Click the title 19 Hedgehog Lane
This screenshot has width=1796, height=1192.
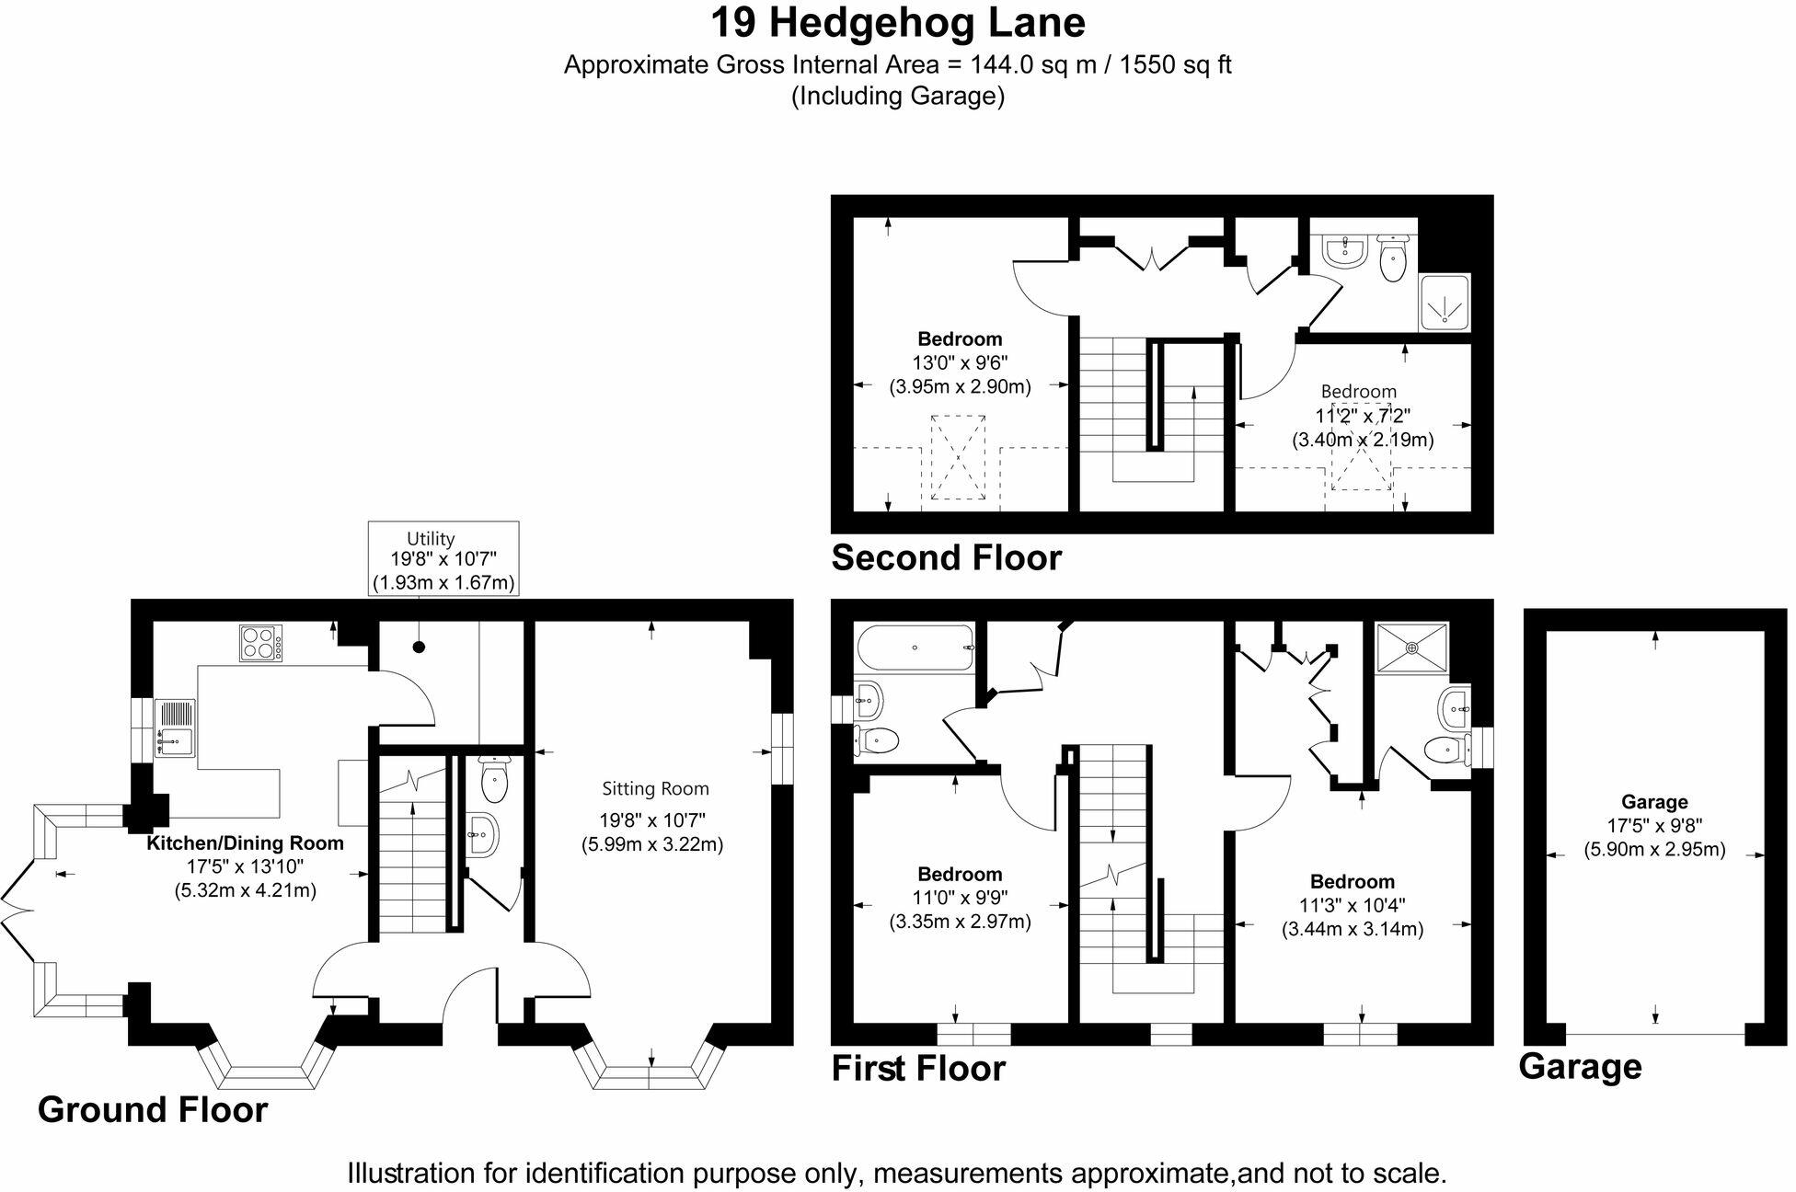click(x=897, y=23)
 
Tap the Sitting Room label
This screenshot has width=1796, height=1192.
click(x=655, y=788)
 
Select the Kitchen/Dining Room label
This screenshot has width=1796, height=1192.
click(x=245, y=842)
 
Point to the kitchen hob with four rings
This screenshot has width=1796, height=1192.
click(x=261, y=642)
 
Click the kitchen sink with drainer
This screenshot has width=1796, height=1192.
click(x=175, y=728)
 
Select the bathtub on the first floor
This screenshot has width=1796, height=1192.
click(x=914, y=648)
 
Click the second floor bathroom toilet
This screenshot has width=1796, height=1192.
click(x=1393, y=258)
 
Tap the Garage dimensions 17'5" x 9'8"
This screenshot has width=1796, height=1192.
click(x=1654, y=826)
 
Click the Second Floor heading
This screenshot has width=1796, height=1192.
click(x=946, y=557)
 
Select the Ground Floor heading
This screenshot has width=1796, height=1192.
click(x=153, y=1109)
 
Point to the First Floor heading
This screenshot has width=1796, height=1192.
click(x=918, y=1068)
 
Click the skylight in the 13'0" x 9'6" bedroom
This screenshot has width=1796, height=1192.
click(x=959, y=458)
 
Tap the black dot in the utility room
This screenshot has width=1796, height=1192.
click(x=420, y=648)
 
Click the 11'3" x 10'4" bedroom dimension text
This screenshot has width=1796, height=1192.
click(x=1353, y=905)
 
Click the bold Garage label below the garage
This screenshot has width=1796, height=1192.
click(x=1580, y=1067)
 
